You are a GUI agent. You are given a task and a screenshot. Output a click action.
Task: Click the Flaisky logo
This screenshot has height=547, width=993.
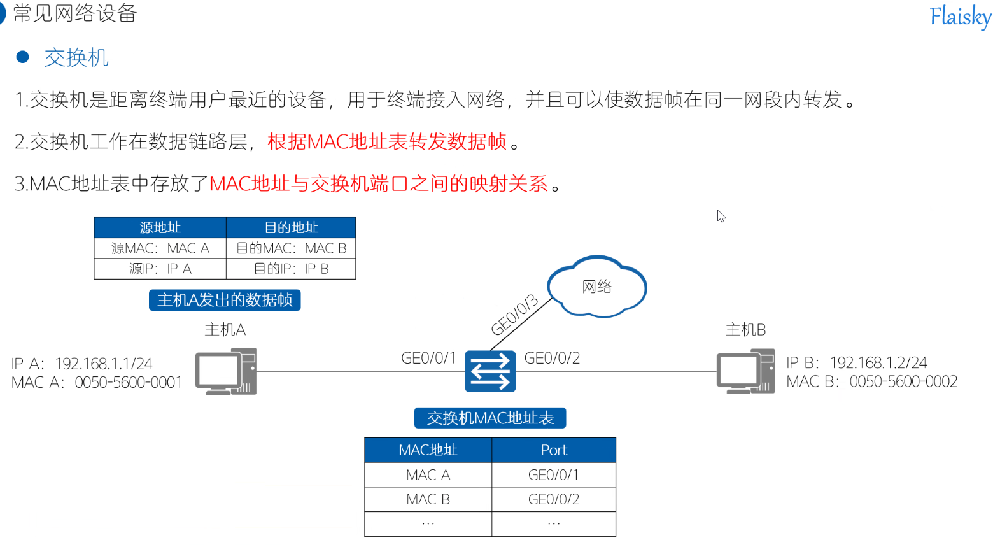[x=959, y=17]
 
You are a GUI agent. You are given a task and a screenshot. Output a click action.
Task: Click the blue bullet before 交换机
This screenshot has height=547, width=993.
[x=23, y=57]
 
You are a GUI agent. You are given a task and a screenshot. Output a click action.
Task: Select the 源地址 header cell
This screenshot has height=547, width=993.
[x=160, y=227]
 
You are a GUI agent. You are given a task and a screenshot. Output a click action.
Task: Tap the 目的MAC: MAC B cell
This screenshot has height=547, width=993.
[x=291, y=248]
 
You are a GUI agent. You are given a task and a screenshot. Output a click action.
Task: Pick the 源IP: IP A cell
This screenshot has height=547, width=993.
[x=160, y=269]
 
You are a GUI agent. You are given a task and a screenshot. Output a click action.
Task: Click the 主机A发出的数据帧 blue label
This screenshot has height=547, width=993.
[x=225, y=300]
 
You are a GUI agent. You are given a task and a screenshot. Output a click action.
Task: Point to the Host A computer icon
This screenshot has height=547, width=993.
[x=226, y=371]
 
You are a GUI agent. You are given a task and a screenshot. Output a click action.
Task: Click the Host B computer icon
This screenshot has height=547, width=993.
[x=745, y=371]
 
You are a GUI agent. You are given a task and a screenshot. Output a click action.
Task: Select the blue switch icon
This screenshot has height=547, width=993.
[x=489, y=371]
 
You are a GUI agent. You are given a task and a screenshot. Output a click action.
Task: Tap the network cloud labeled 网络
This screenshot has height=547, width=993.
[x=596, y=287]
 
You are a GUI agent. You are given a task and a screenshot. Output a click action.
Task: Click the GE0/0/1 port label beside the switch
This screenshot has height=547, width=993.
[x=428, y=359]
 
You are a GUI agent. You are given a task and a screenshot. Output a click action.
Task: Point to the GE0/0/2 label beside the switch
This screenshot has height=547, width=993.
[x=552, y=359]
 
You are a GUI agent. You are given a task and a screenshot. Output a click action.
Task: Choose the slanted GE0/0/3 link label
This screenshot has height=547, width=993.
[x=514, y=315]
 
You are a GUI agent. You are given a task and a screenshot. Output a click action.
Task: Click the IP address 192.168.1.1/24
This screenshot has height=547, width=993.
[x=104, y=364]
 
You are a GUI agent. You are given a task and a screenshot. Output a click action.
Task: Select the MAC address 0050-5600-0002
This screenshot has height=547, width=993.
[x=903, y=381]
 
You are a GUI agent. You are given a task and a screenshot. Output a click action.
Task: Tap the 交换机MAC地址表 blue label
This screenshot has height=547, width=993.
[x=489, y=418]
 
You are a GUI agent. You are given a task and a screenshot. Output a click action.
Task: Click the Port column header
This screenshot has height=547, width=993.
[x=554, y=450]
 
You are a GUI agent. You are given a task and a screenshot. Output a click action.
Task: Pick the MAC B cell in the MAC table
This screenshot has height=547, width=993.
[x=428, y=499]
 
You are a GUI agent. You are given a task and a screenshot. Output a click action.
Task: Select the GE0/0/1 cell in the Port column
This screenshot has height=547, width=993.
[x=554, y=475]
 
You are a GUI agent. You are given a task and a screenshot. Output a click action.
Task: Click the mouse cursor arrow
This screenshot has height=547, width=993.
[x=721, y=216]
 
